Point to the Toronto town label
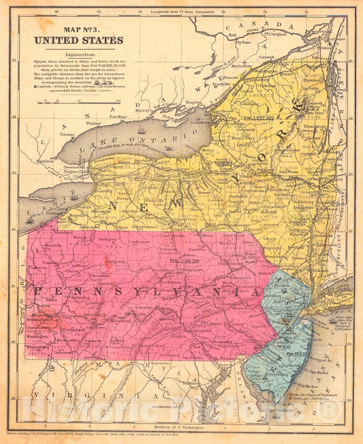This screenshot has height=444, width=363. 66,135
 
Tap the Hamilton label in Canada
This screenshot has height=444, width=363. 45,161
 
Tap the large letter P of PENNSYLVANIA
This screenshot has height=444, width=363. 37,292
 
